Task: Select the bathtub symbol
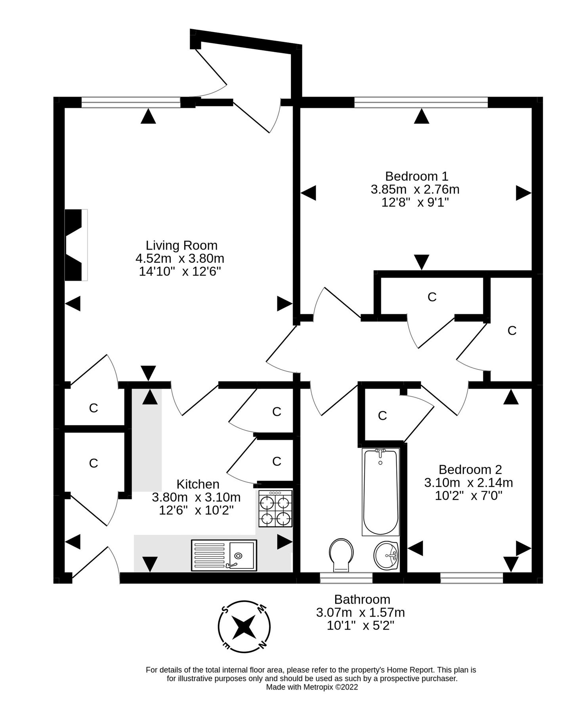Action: click(x=380, y=492)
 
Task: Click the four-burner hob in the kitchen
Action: click(x=275, y=509)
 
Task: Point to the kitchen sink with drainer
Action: click(x=224, y=555)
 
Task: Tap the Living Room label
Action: click(x=181, y=245)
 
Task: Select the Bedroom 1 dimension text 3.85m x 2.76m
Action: click(x=415, y=189)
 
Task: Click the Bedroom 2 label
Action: click(x=470, y=469)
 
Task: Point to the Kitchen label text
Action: click(x=198, y=484)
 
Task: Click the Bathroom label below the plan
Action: click(x=362, y=599)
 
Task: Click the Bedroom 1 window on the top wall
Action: click(x=421, y=103)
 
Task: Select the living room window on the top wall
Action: click(x=131, y=103)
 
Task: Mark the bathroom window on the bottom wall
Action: click(x=346, y=578)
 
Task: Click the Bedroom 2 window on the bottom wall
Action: click(x=471, y=578)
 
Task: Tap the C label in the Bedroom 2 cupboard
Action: click(x=382, y=416)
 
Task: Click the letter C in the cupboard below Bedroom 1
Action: click(x=432, y=297)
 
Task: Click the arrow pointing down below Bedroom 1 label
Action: click(x=422, y=262)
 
